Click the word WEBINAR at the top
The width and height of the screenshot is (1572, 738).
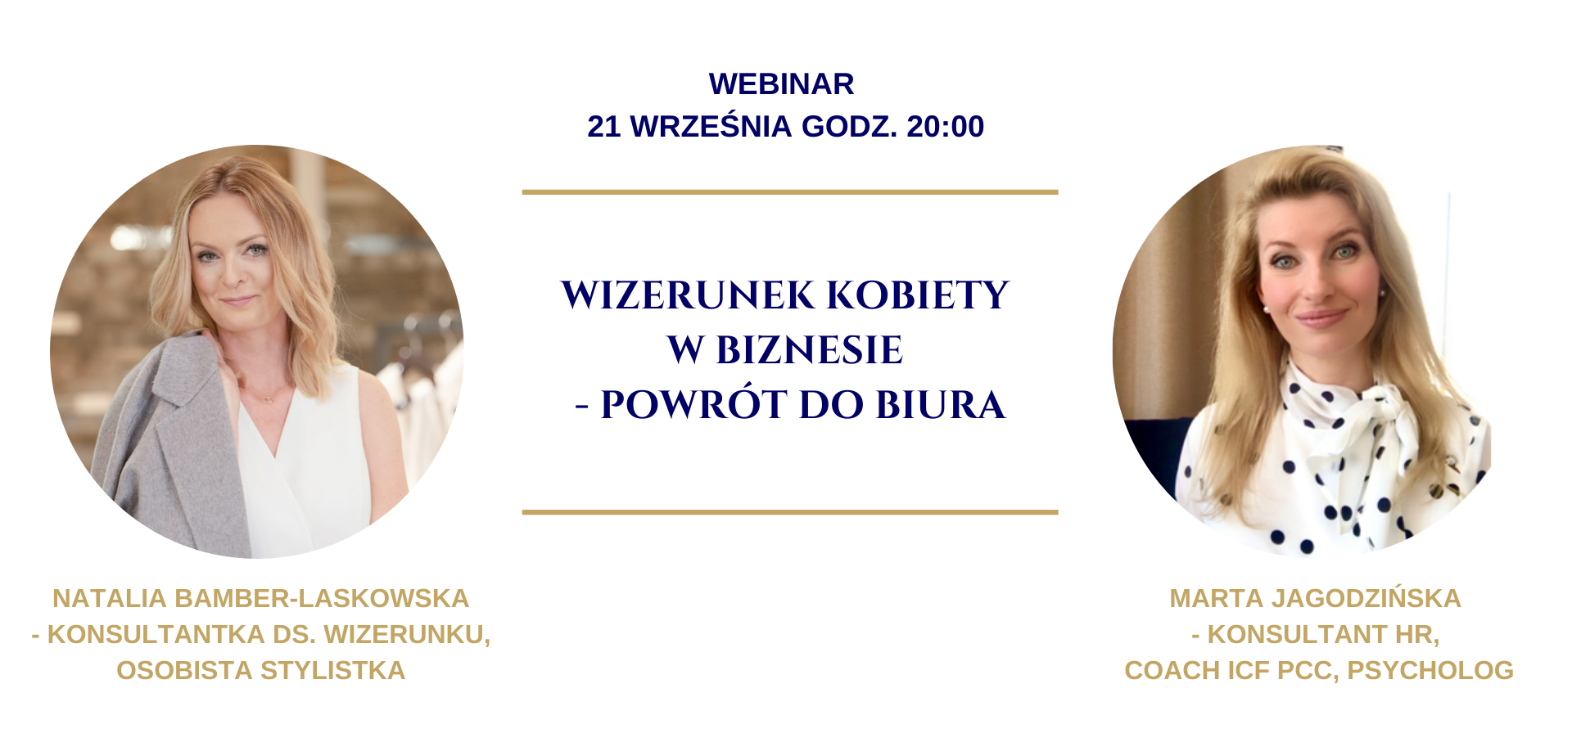coord(782,84)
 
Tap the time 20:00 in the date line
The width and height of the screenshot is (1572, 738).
coord(946,127)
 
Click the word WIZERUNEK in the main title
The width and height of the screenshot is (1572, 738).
coord(688,295)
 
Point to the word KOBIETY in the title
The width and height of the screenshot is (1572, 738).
coord(918,295)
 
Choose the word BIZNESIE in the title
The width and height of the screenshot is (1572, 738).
coord(809,350)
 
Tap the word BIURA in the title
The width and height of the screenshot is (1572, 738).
coord(941,405)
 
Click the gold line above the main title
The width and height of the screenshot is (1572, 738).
coord(790,192)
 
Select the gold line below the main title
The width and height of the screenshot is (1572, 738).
coord(790,512)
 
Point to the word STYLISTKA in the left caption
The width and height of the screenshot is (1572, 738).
coord(332,671)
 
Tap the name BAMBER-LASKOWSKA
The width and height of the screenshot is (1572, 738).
coord(322,599)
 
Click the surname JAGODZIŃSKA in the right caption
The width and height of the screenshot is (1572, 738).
coord(1363,599)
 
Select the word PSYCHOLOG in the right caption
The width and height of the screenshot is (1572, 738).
coord(1430,671)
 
